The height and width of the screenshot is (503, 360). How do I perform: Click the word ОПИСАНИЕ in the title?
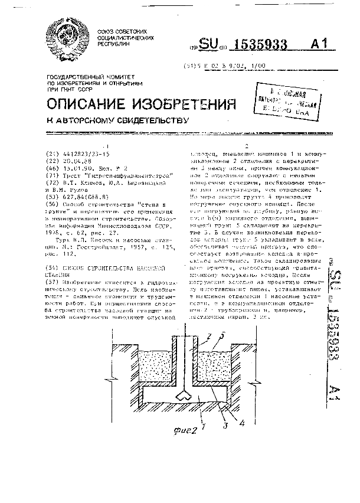pyautogui.click(x=89, y=105)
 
